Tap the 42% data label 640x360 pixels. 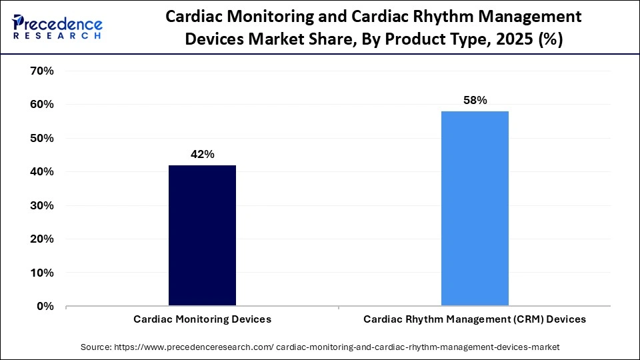click(202, 154)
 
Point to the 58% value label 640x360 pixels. click(475, 101)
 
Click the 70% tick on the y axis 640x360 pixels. click(41, 71)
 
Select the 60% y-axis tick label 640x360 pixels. click(41, 105)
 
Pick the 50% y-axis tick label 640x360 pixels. click(41, 138)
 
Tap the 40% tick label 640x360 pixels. click(41, 172)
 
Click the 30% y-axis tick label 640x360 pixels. click(41, 205)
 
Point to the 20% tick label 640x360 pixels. click(41, 239)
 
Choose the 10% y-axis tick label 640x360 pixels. click(41, 273)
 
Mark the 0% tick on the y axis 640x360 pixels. click(44, 307)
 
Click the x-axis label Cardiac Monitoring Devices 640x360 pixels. click(202, 319)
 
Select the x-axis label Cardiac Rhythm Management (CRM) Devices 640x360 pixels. click(475, 319)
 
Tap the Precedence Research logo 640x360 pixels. click(57, 27)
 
